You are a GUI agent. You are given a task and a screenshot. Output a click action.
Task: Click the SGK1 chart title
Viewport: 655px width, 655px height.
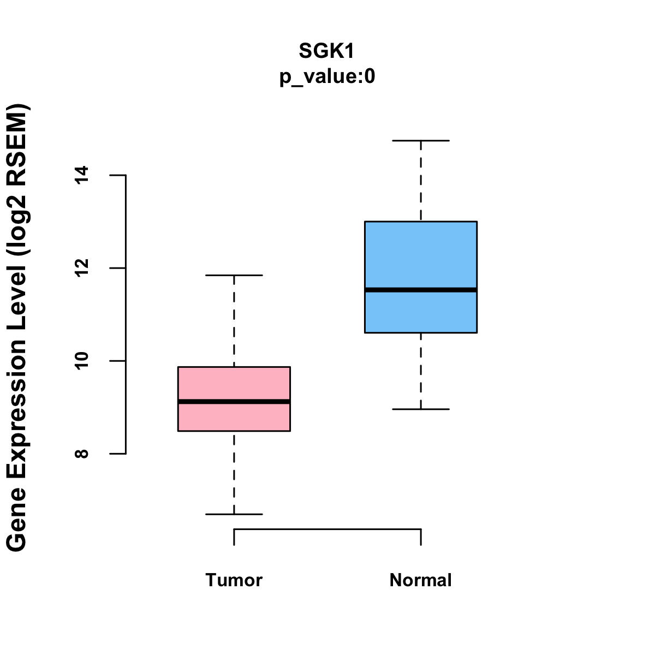[x=327, y=51]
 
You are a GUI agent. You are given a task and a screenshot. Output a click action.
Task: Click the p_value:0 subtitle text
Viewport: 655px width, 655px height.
[x=327, y=76]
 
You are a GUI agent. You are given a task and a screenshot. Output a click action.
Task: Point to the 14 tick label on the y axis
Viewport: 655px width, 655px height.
[x=82, y=175]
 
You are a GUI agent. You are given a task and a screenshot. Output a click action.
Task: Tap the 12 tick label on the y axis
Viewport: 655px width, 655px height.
[x=82, y=268]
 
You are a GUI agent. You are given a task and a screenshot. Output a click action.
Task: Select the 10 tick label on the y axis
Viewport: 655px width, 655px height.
[x=82, y=361]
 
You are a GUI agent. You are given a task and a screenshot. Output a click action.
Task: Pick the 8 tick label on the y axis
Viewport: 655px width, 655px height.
[x=82, y=454]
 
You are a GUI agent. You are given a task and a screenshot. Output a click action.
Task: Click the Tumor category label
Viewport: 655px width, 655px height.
[x=234, y=580]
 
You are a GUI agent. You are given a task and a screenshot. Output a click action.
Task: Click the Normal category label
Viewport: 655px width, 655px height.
[x=420, y=580]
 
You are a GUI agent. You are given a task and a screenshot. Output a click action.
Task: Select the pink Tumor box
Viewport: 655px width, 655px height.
[x=234, y=382]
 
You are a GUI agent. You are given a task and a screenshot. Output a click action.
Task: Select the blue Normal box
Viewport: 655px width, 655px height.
[x=420, y=251]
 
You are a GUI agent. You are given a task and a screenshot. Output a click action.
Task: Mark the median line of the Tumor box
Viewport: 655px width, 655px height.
[x=234, y=402]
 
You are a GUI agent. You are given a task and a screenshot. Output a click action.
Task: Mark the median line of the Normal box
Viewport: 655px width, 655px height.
[x=420, y=290]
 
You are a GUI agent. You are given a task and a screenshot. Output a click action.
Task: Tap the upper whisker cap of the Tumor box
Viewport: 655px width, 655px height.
[x=234, y=275]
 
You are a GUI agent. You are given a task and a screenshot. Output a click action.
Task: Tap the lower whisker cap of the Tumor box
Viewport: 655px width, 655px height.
[x=234, y=514]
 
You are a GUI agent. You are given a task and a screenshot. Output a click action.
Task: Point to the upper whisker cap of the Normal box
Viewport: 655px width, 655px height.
[x=420, y=141]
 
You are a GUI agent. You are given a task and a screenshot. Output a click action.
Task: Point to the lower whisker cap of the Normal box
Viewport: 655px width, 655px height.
[x=420, y=409]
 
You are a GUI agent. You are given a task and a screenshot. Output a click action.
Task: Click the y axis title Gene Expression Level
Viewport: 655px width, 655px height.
[x=17, y=327]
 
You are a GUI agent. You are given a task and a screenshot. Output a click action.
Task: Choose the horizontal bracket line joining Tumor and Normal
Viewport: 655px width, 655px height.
[x=327, y=529]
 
